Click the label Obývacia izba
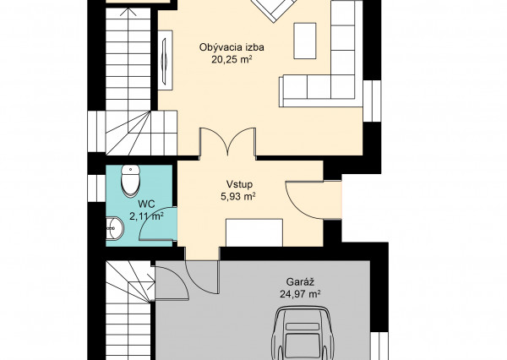tap(232, 47)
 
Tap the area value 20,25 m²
tap(232, 59)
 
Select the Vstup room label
tap(239, 185)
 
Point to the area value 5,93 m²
tap(238, 197)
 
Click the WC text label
tap(146, 205)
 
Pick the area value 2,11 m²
tap(146, 216)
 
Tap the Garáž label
tap(300, 282)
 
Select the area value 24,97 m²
tap(300, 294)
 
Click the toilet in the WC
tap(130, 181)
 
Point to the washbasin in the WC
tap(114, 229)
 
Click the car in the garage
tap(303, 333)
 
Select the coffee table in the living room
tap(304, 41)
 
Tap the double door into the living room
tap(228, 142)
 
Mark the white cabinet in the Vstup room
tap(254, 232)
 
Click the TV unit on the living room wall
tap(166, 60)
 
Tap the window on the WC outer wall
tap(96, 188)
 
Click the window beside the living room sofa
tap(372, 101)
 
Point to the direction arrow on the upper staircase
tap(128, 58)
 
